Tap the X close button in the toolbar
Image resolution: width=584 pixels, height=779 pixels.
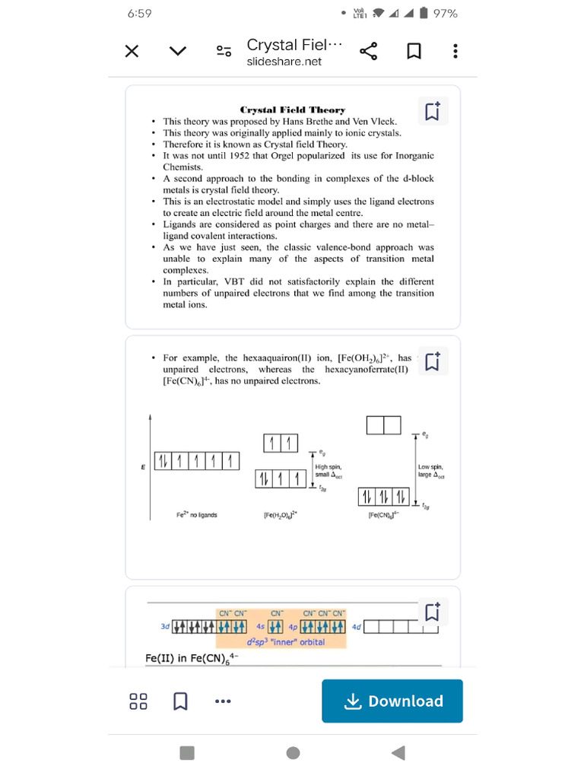[x=132, y=52]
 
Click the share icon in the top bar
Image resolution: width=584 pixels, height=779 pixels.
[x=368, y=52]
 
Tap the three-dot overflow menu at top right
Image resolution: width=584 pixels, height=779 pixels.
[x=455, y=52]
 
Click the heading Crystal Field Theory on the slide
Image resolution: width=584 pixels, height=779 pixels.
[x=293, y=110]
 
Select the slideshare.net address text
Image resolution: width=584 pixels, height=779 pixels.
[x=284, y=62]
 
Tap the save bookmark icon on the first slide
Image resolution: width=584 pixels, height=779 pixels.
[x=432, y=111]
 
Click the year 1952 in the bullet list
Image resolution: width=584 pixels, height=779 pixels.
[x=240, y=156]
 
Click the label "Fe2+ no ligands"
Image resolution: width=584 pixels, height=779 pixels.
[x=197, y=515]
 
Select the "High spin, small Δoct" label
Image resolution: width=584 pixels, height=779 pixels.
[x=328, y=471]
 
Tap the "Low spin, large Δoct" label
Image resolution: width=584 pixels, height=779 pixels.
[x=430, y=471]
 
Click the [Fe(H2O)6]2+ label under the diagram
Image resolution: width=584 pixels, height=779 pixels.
[x=281, y=515]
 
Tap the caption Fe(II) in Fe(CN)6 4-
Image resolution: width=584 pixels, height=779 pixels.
[x=191, y=657]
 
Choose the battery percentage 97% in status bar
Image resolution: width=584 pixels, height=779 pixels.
[x=445, y=14]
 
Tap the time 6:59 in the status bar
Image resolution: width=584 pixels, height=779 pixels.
[x=140, y=14]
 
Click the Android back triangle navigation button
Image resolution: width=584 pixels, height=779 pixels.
[x=398, y=752]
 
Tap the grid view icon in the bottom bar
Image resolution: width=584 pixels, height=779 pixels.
[x=138, y=701]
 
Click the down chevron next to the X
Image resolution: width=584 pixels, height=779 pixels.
[x=178, y=52]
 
